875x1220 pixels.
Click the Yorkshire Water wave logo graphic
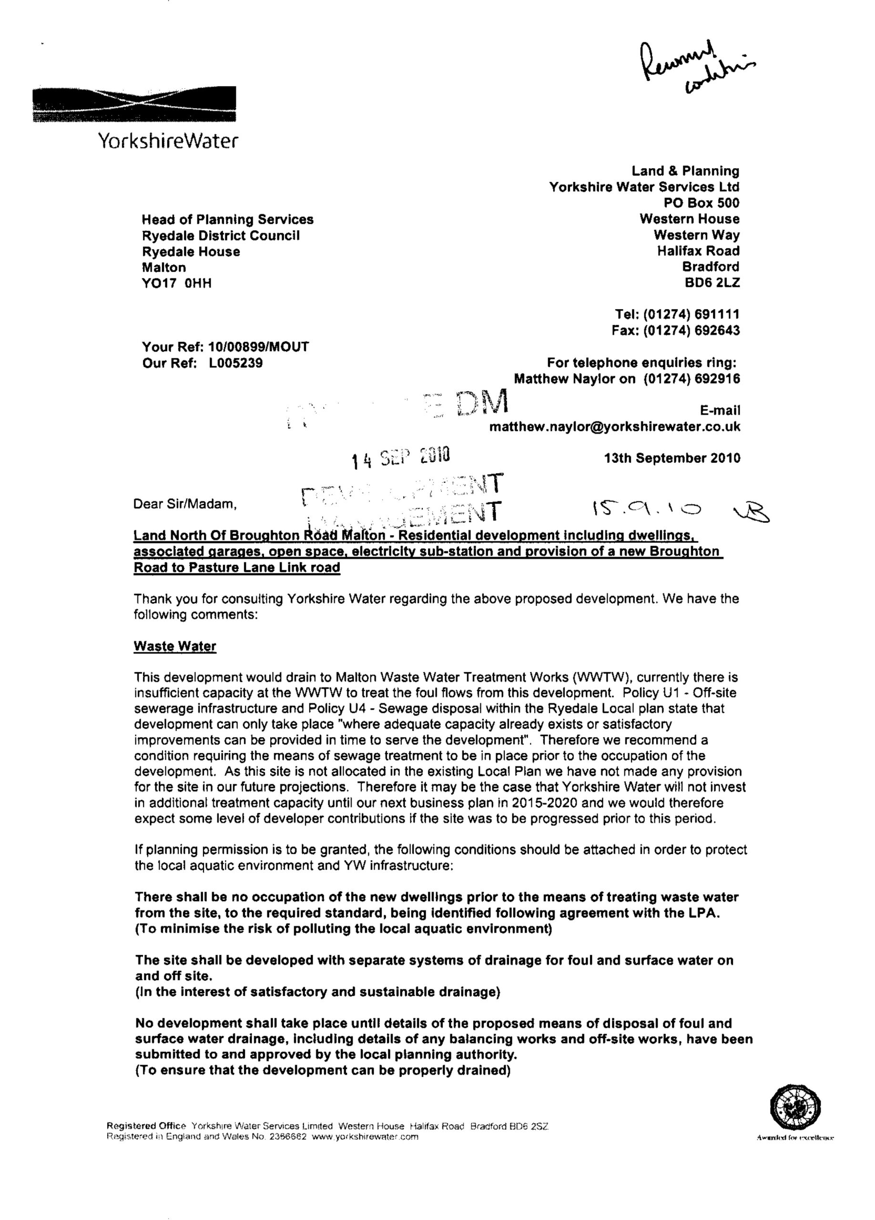click(134, 104)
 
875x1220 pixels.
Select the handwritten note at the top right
click(696, 70)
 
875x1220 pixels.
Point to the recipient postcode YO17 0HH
click(176, 284)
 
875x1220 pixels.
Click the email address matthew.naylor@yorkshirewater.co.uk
click(614, 427)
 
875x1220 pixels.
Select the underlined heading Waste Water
click(175, 646)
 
